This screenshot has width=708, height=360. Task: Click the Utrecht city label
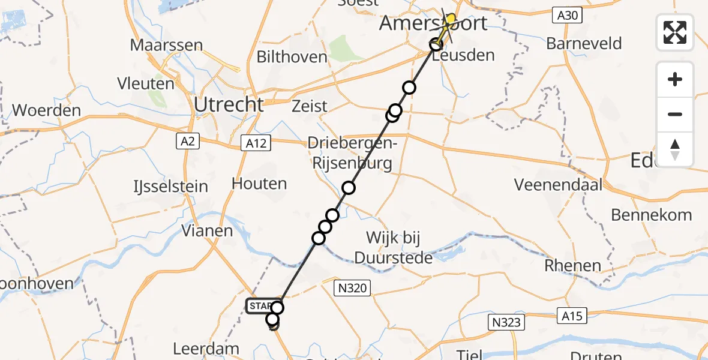pos(229,105)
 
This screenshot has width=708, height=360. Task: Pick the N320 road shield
pos(352,288)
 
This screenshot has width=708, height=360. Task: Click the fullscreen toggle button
pos(675,32)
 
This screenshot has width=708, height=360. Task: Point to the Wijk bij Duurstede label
pos(394,248)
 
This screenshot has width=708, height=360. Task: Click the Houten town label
pos(259,184)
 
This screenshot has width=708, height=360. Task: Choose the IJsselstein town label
pos(170,187)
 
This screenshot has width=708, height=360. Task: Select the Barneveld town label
pos(584,44)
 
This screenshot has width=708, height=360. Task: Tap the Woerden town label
pos(46,110)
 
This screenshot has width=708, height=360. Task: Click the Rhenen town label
pos(573,265)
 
